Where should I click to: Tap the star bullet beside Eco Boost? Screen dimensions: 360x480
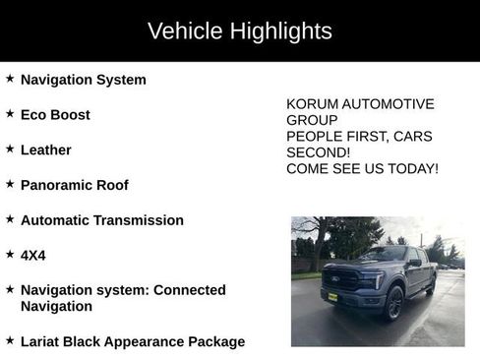tap(10, 114)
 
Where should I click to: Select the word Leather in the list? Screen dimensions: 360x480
tap(46, 150)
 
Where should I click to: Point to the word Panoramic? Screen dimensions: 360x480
tap(53, 185)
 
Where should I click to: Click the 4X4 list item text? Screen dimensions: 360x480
tap(33, 255)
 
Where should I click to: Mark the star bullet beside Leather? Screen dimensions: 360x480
tap(10, 150)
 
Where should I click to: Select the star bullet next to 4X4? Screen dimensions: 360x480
tap(10, 255)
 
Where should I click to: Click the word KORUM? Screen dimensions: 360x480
tap(312, 104)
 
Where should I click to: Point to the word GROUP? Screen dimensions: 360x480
tap(312, 120)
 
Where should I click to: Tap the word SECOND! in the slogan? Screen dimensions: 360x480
tap(318, 152)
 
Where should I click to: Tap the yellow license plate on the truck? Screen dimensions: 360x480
tap(332, 296)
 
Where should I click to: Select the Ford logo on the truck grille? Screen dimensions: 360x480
tap(339, 277)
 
